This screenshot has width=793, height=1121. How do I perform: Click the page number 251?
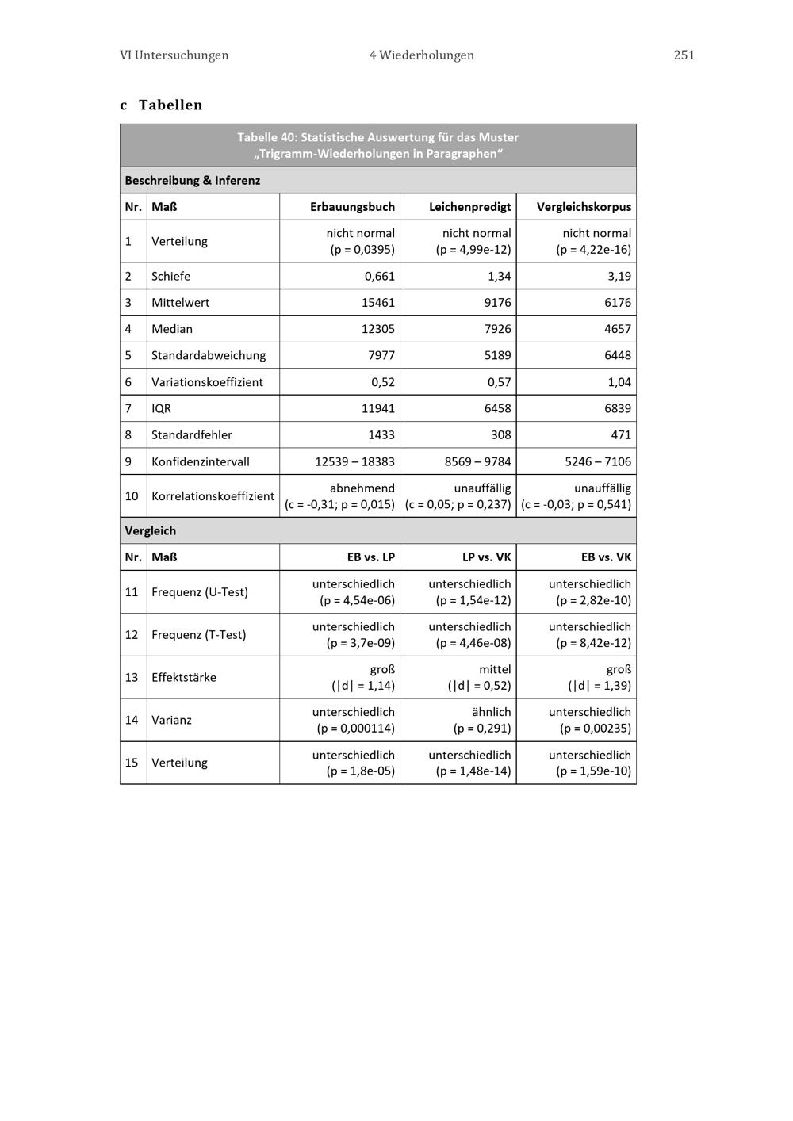coord(684,55)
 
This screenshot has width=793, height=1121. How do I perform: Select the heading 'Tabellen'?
coord(170,105)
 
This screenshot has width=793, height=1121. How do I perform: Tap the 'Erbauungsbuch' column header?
coord(352,207)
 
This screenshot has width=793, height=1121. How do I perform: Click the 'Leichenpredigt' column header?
coord(469,207)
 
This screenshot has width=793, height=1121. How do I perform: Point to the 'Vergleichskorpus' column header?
coord(584,207)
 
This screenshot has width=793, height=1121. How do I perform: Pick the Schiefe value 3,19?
coord(619,276)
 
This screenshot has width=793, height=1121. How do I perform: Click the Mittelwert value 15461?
coord(376,302)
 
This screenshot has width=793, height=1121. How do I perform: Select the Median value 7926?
coord(497,329)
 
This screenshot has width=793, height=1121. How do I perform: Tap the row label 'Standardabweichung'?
coord(209,355)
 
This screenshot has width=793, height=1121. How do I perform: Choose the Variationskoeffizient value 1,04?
coord(619,382)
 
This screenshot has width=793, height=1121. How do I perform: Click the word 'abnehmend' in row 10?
coord(362,488)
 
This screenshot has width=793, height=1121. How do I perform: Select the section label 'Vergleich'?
coord(150,530)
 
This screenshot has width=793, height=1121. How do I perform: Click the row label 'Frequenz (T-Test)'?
coord(198,634)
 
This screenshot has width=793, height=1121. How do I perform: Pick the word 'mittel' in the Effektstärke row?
coord(495,669)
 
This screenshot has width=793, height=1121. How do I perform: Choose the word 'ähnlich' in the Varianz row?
coord(492,712)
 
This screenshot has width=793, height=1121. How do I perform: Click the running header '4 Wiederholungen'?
coord(421,55)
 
